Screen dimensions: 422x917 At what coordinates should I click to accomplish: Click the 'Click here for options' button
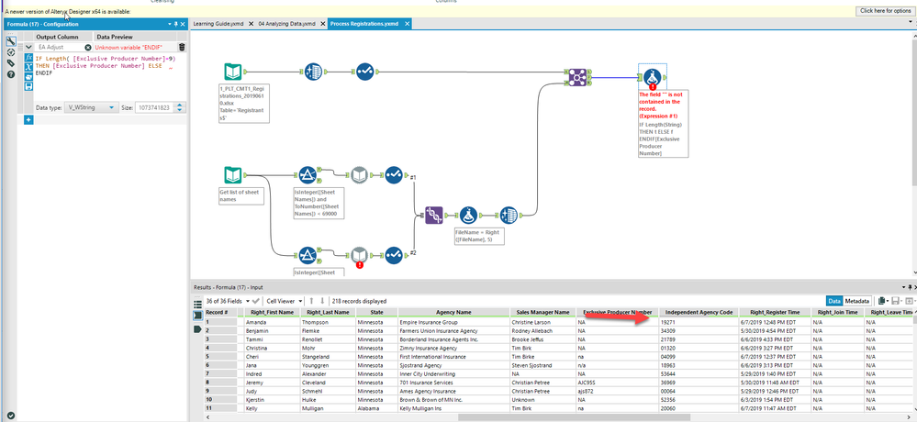pyautogui.click(x=884, y=10)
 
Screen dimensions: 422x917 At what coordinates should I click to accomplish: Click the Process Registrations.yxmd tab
pyautogui.click(x=364, y=23)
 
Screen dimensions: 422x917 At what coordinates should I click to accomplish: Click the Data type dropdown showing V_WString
pyautogui.click(x=89, y=107)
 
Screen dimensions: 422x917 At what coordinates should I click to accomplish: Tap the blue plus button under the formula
pyautogui.click(x=28, y=120)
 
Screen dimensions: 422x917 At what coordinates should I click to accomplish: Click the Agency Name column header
pyautogui.click(x=449, y=312)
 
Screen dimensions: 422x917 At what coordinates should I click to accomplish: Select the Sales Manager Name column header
pyautogui.click(x=542, y=312)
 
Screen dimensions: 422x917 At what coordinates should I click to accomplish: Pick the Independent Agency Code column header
pyautogui.click(x=698, y=312)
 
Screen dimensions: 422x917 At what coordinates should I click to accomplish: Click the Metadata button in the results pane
pyautogui.click(x=857, y=300)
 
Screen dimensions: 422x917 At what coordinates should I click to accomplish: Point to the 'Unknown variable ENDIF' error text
pyautogui.click(x=132, y=47)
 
